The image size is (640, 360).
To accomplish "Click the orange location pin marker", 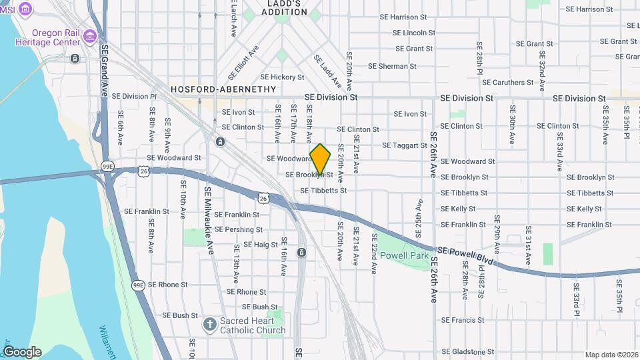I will [321, 159].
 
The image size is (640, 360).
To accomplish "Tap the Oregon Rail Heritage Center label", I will [57, 37].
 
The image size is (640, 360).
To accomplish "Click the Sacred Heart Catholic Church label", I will [253, 325].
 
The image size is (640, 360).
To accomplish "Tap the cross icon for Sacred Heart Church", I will [209, 325].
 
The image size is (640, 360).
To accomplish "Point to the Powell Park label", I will [409, 255].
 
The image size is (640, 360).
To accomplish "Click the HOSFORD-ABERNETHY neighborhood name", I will [223, 89].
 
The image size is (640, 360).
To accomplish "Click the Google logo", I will [21, 352].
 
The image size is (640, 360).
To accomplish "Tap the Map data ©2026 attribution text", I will [611, 355].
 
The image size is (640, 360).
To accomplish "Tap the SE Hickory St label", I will [282, 77].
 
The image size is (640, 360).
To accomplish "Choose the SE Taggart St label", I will [404, 145].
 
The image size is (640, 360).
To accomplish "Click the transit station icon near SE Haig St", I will [301, 253].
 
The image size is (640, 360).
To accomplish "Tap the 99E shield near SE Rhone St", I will [138, 285].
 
